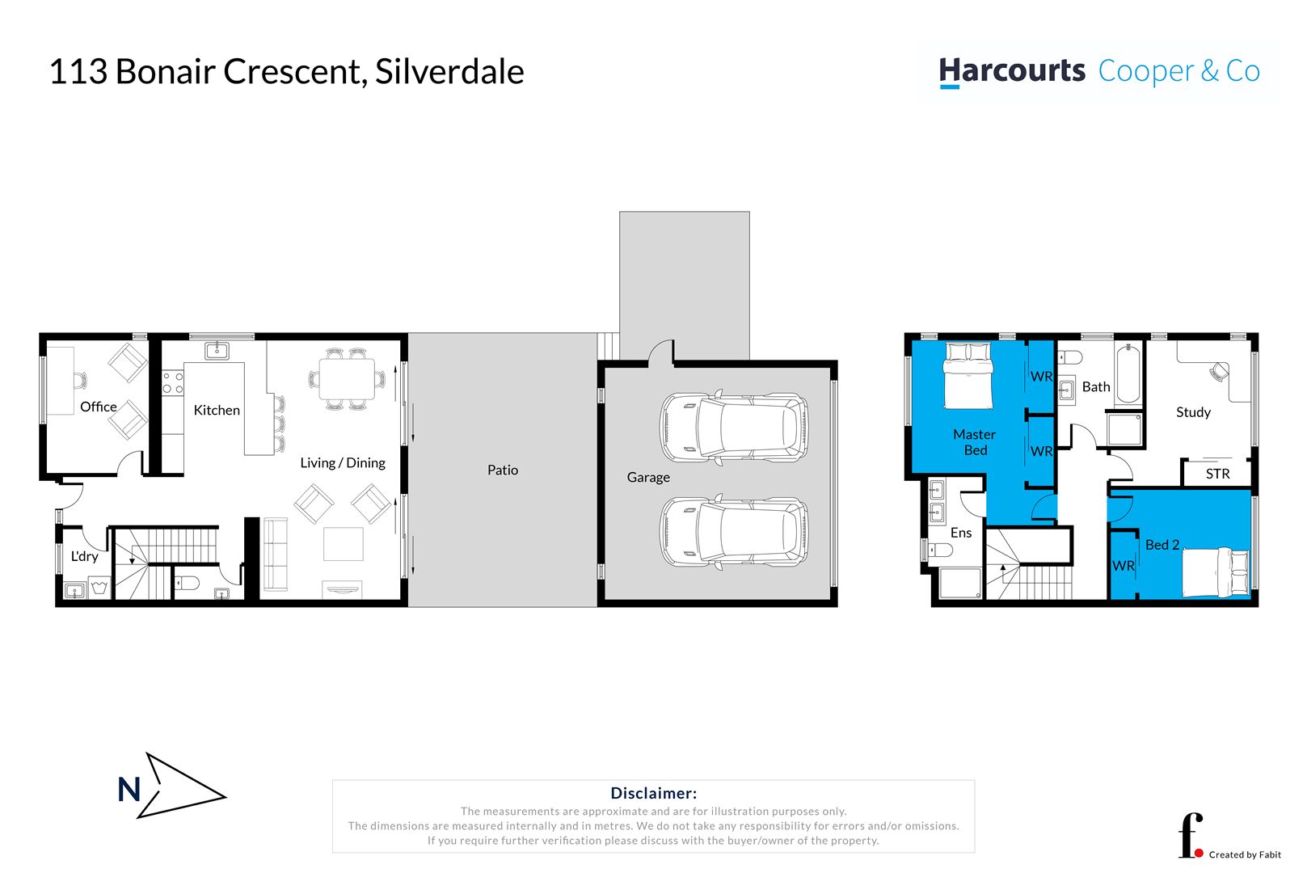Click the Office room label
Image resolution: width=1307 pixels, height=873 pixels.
98,407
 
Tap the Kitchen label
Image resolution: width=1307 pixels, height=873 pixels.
217,410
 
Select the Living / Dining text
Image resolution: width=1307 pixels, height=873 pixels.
342,462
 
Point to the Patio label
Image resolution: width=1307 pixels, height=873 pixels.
502,470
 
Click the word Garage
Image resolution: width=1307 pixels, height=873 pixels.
648,477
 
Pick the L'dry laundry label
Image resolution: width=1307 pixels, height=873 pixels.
84,556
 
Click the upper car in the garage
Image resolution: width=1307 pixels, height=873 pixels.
733,428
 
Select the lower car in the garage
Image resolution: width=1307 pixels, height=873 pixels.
733,531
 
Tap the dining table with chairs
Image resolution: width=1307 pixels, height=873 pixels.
347,378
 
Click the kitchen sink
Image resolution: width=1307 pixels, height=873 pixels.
217,350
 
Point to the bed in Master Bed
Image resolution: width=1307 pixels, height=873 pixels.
968,376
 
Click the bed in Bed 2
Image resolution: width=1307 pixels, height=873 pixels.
1215,572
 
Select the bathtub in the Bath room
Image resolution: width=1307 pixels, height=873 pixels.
1128,374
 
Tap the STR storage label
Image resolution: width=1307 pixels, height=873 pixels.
1217,474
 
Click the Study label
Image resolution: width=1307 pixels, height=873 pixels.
1193,412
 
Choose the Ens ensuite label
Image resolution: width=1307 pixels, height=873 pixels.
960,533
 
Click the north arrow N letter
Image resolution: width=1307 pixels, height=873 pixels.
129,789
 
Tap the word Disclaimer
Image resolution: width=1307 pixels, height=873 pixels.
653,793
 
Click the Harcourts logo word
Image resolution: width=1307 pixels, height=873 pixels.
1012,71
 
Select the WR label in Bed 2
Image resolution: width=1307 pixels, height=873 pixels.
1124,566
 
